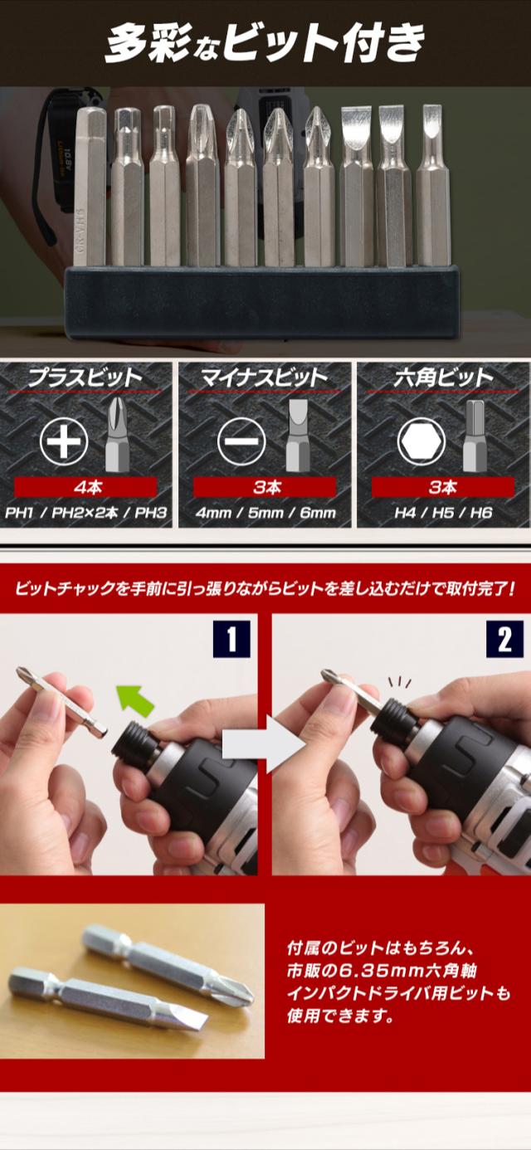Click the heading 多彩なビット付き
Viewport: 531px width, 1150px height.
(x=265, y=45)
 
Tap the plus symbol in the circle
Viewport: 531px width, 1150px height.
(x=64, y=441)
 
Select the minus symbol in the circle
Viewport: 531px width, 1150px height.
(x=241, y=441)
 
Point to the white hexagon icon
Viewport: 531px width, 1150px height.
(x=421, y=441)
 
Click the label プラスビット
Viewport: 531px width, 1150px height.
(x=85, y=378)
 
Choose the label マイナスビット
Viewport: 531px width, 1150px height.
(x=264, y=378)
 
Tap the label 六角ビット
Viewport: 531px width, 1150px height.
(x=443, y=378)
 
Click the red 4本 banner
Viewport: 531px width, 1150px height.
(x=85, y=487)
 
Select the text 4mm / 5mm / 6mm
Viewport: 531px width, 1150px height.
(x=265, y=513)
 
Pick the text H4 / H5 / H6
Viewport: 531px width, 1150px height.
(x=443, y=513)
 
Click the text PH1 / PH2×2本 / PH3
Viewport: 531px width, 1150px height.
(x=85, y=513)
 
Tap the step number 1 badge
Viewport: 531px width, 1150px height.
(x=231, y=639)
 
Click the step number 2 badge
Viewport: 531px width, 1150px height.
(x=504, y=639)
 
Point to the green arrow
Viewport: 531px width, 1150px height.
(x=134, y=699)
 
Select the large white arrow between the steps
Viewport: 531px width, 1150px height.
(x=263, y=743)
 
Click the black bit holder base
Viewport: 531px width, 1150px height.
(x=262, y=302)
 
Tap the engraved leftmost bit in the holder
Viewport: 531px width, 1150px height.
(x=90, y=187)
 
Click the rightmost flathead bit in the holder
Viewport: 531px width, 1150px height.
(x=432, y=185)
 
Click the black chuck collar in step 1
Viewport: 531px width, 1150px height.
(x=135, y=740)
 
